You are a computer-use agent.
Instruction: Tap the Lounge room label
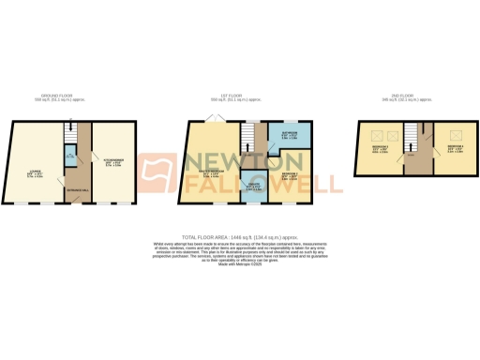click(x=35, y=172)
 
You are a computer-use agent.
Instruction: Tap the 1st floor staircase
click(x=248, y=139)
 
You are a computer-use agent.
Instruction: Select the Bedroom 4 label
click(x=451, y=149)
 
